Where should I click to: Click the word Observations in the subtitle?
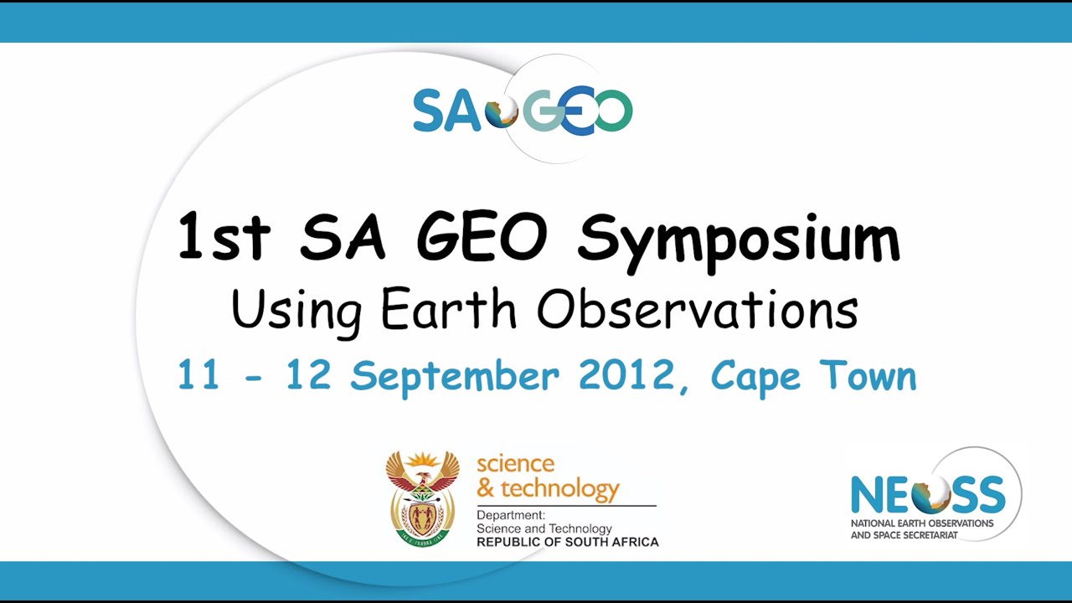698,310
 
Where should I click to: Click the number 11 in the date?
198,375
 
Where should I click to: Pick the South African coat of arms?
422,499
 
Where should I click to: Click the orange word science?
515,464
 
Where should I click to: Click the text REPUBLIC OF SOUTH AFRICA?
567,542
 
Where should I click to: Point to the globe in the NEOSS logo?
931,494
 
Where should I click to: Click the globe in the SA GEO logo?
502,111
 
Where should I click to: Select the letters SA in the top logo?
446,111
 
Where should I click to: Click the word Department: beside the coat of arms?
511,515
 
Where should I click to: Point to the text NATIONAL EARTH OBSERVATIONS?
921,523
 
